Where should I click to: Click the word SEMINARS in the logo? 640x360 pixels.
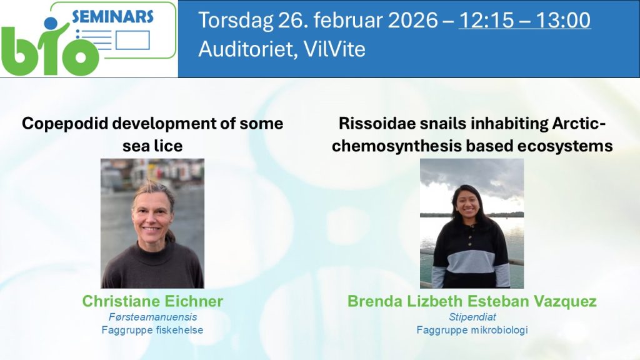click(x=112, y=17)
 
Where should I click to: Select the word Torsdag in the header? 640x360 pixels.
click(x=236, y=21)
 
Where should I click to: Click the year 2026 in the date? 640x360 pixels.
click(x=412, y=21)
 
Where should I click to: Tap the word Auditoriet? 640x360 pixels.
click(x=248, y=49)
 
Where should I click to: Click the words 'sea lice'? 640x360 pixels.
click(x=152, y=146)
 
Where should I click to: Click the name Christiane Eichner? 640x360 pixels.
click(x=152, y=301)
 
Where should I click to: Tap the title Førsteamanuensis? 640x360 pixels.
click(x=152, y=317)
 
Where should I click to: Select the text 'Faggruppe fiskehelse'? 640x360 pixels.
click(x=152, y=330)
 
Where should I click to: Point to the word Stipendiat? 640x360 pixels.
click(x=472, y=317)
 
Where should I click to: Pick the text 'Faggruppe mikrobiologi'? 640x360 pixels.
click(x=472, y=330)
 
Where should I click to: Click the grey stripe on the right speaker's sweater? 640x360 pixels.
click(x=471, y=261)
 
